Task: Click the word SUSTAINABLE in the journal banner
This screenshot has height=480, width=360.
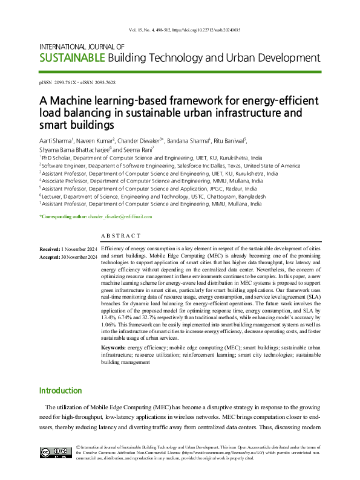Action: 71,58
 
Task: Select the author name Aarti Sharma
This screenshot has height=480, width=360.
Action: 57,140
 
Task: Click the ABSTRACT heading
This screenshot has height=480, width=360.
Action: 121,236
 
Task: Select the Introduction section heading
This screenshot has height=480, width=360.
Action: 60,391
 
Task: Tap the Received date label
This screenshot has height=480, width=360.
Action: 50,249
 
